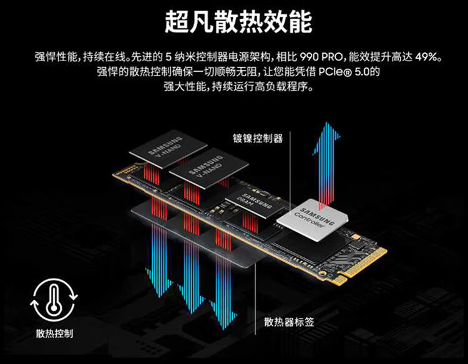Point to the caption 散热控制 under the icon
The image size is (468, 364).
[53, 333]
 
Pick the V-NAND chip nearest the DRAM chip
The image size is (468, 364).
[205, 171]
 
